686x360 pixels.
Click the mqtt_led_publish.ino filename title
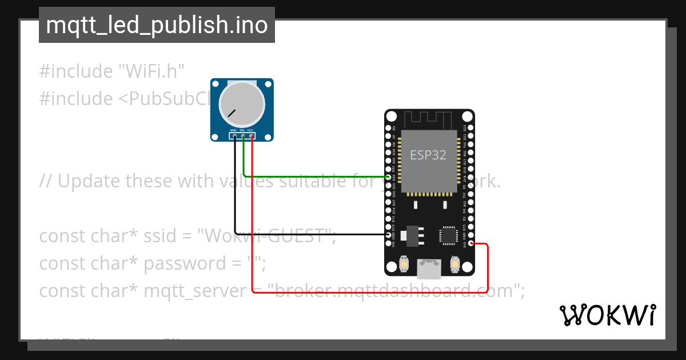157,25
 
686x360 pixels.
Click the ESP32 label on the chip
428,155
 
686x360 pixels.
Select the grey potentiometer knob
242,103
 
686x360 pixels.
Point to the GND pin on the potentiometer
234,136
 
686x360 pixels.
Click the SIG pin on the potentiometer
243,136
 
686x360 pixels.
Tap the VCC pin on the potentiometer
252,136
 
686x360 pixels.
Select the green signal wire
314,177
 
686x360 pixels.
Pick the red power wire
372,293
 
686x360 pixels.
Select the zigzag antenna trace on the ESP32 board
429,119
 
